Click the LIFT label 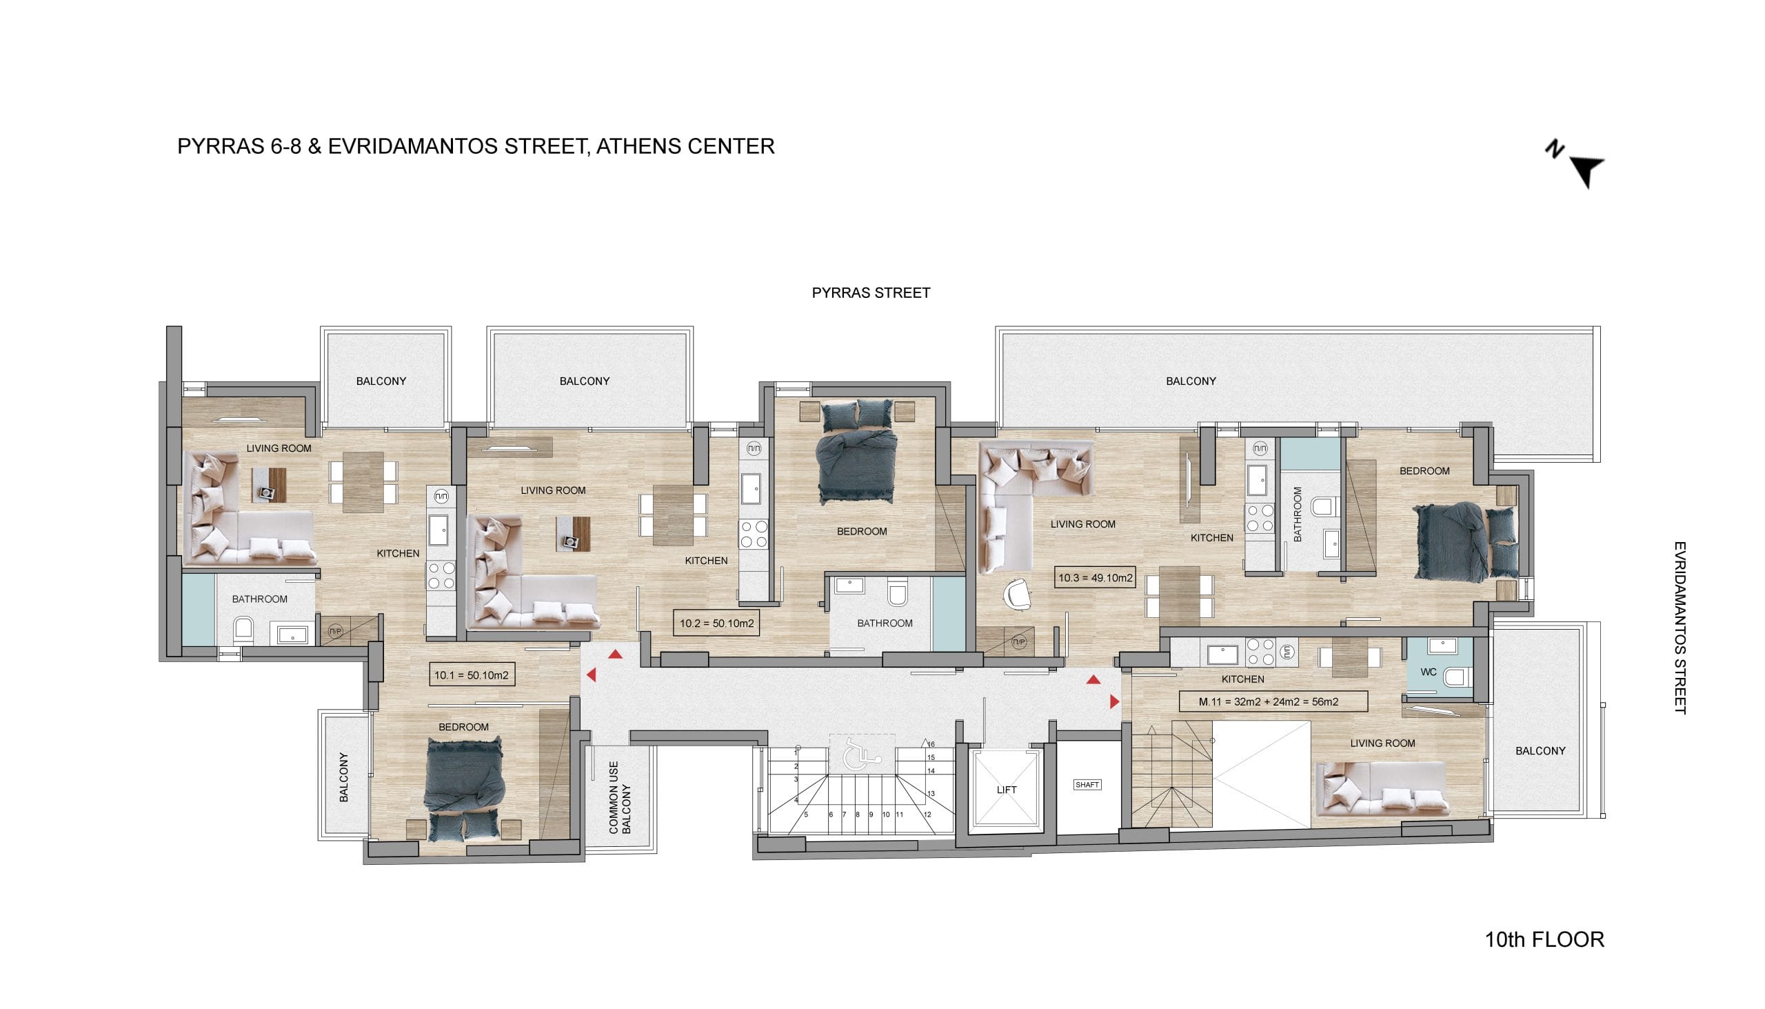(x=1006, y=790)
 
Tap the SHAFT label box (x=1087, y=785)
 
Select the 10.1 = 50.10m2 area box (x=472, y=675)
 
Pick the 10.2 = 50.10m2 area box (x=716, y=623)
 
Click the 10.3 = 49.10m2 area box (x=1095, y=578)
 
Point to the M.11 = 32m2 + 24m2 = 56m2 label (x=1273, y=702)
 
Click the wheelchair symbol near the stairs (x=862, y=752)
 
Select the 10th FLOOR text (x=1544, y=941)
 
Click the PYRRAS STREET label (x=871, y=293)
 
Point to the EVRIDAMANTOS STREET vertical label (x=1679, y=628)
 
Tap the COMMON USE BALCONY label (x=619, y=798)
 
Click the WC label (x=1429, y=672)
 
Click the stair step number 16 (x=931, y=744)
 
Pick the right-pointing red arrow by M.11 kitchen (x=1114, y=702)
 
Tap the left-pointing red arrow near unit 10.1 (x=591, y=675)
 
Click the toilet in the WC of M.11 (x=1457, y=677)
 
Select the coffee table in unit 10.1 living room (x=268, y=484)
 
